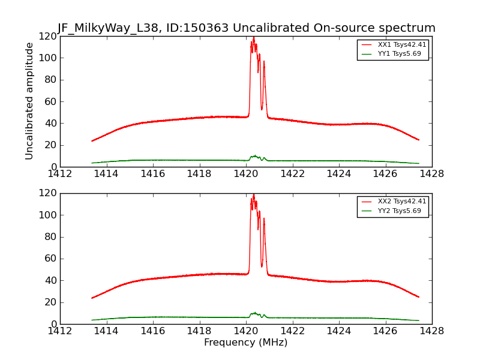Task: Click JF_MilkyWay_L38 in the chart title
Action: point(103,28)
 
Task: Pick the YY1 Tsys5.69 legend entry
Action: point(399,53)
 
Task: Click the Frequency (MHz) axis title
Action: point(245,343)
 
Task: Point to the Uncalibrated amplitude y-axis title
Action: point(29,101)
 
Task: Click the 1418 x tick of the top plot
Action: point(199,174)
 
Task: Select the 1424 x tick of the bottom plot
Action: point(338,331)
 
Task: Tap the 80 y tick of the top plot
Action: point(49,80)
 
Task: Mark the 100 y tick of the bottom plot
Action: point(46,215)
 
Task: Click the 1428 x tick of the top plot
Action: point(431,174)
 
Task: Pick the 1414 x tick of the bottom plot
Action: point(106,331)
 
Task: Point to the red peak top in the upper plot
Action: point(253,38)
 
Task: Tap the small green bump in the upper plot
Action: point(254,156)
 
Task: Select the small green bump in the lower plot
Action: point(254,313)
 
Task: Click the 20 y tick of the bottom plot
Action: point(49,302)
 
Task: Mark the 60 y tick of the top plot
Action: point(49,101)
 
